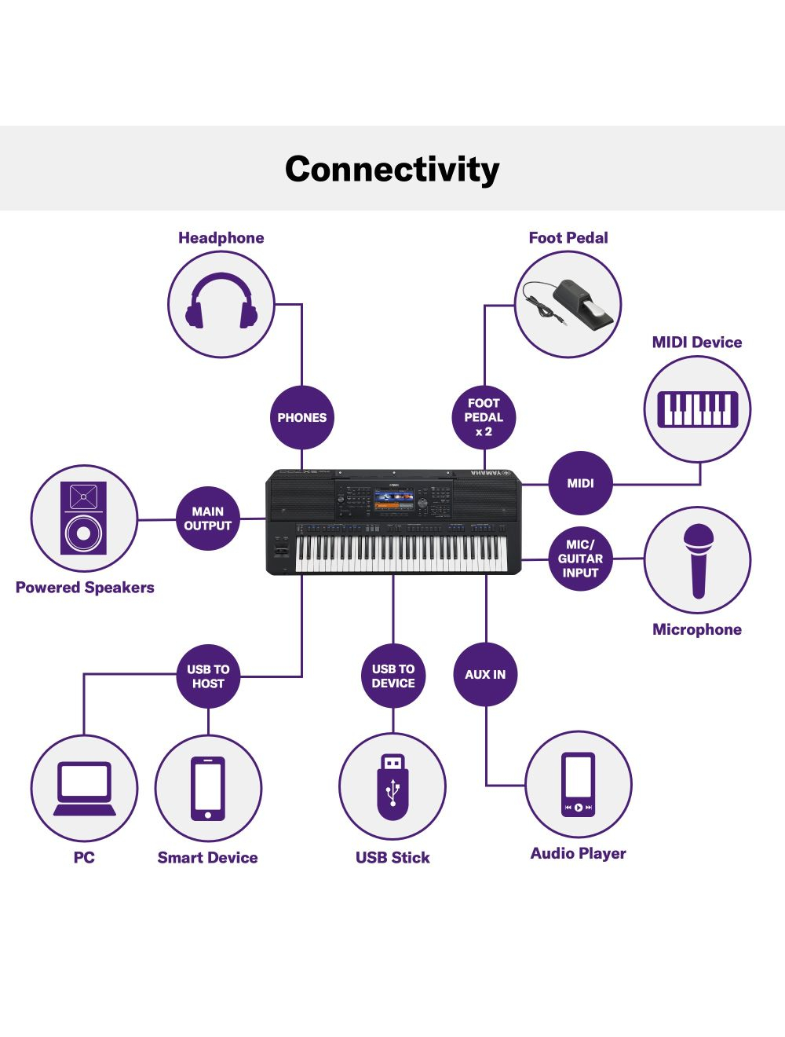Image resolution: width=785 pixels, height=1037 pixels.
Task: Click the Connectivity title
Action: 392,169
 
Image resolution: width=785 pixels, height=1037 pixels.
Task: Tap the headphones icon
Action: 221,302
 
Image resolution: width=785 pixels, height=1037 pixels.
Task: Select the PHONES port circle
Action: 301,417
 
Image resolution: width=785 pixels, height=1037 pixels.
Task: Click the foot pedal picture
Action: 568,304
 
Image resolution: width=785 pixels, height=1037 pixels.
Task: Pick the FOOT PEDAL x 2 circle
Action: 484,417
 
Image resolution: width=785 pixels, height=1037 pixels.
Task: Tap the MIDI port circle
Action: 580,483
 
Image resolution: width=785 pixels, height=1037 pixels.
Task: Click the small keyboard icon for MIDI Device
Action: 697,409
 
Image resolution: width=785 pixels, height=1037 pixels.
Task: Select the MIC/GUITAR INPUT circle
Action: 580,559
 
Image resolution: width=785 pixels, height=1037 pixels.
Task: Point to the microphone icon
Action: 697,559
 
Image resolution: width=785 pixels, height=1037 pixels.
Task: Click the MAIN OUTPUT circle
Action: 207,518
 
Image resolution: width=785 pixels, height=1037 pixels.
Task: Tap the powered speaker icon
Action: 83,518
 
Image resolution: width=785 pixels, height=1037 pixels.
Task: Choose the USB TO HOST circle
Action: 208,676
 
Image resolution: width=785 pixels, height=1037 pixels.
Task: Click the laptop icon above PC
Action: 84,789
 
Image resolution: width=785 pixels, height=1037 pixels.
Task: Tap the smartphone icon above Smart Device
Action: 208,788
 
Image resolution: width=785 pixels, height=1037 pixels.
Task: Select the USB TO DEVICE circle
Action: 393,676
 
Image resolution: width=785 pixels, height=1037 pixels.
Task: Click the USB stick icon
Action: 392,786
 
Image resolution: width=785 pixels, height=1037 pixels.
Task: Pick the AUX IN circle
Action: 485,674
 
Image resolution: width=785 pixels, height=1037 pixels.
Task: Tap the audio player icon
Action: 578,784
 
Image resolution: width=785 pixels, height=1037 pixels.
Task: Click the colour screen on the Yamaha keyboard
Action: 394,500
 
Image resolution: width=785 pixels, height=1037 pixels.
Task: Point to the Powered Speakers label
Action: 85,588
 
